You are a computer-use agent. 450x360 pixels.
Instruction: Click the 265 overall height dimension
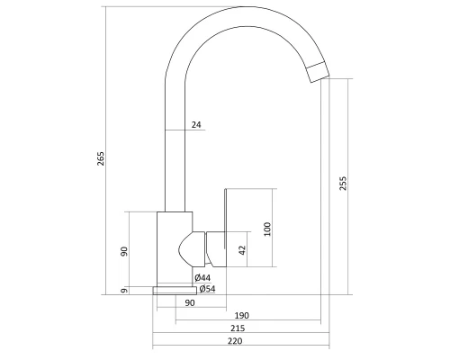pos(101,158)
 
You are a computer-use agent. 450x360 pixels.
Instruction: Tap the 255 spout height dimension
pos(343,184)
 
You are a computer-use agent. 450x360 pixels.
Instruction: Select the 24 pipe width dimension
pos(196,124)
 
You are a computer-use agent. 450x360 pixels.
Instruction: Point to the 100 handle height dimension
pos(267,229)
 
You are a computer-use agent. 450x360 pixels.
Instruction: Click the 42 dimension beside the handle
pos(243,250)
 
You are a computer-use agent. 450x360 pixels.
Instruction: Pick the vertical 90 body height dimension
pos(124,251)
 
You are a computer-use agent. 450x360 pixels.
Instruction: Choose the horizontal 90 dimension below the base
pos(190,303)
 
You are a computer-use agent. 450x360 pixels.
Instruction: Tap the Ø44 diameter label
pos(202,278)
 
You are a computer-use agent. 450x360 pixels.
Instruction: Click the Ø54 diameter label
pos(207,289)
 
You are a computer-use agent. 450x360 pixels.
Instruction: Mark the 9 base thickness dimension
pos(124,291)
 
